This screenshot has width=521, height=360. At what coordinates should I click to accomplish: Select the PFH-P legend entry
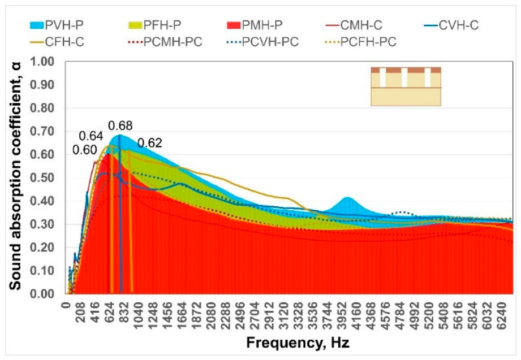[x=154, y=25]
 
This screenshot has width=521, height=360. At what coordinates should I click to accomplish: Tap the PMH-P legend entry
[x=255, y=25]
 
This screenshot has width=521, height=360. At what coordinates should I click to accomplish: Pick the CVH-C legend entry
[x=451, y=25]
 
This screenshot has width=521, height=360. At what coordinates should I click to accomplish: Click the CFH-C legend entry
[x=56, y=42]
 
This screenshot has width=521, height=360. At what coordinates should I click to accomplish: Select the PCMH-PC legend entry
[x=165, y=42]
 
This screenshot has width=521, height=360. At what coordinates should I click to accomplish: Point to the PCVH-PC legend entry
[x=262, y=42]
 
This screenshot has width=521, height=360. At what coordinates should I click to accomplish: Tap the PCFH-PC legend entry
[x=360, y=42]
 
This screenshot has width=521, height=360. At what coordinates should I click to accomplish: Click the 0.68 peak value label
[x=120, y=125]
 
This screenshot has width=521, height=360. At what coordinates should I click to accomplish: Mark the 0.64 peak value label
[x=91, y=136]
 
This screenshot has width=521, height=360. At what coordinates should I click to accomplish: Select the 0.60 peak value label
[x=84, y=150]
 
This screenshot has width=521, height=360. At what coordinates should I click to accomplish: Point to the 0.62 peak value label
[x=150, y=143]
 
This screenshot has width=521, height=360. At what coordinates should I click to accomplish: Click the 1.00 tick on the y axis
[x=42, y=62]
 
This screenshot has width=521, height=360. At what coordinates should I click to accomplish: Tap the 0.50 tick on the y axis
[x=42, y=177]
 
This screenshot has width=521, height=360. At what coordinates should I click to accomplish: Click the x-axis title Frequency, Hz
[x=298, y=343]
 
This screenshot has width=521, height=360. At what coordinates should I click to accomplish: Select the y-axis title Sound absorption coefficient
[x=15, y=176]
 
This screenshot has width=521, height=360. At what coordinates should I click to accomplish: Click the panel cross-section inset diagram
[x=406, y=86]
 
